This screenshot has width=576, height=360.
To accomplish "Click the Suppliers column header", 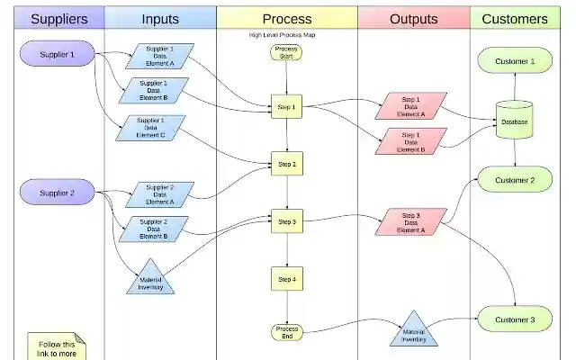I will pos(59,18).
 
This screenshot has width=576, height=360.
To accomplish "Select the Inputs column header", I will pos(160,18).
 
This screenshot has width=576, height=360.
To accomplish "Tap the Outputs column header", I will pos(413,18).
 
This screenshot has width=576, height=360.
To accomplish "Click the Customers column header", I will pos(514,18).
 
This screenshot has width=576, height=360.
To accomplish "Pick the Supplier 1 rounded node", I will pos(58,56).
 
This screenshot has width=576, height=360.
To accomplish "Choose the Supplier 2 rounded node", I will pos(58,193).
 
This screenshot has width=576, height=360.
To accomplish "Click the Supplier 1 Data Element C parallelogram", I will pos(150,128).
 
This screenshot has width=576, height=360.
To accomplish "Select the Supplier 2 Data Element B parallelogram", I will pos(153,229).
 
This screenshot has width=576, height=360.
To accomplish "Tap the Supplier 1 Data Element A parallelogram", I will pos(159,56).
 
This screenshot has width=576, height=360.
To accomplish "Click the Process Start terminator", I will pos(286,52).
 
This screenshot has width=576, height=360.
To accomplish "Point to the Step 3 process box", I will pos(286,220).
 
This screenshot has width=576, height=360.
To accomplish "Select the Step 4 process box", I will pos(286,279).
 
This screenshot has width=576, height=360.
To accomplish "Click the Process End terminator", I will pos(286,332).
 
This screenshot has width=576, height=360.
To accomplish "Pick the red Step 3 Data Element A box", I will pos(410,222).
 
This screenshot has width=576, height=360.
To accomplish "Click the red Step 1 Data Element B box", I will pos(410,141).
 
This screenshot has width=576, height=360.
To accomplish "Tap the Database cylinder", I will pos(515,121).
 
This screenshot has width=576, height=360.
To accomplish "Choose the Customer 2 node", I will pos(514,180).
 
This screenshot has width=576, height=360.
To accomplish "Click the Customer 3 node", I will pos(514,319).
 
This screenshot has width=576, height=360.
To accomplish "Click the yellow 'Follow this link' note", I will pos(56,347).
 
